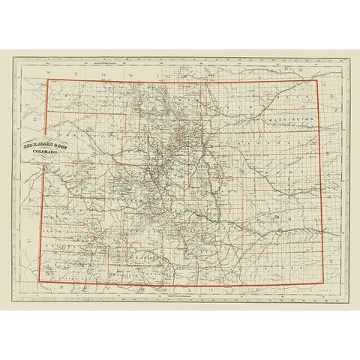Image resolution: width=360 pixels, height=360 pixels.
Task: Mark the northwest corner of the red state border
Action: (x=49, y=80)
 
